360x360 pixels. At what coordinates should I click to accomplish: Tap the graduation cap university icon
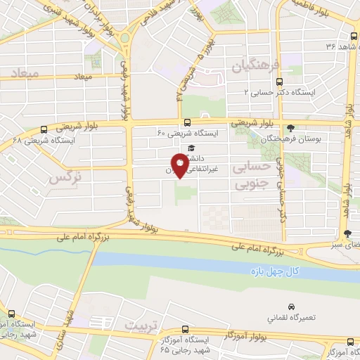[x=191, y=148]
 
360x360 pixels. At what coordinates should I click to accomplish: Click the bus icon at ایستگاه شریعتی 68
[x=44, y=129]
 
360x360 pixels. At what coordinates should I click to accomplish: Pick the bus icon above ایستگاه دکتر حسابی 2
[x=300, y=79]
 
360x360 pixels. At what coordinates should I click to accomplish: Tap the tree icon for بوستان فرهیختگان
[x=291, y=129]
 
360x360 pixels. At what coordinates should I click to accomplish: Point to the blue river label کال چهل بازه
[x=274, y=270]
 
